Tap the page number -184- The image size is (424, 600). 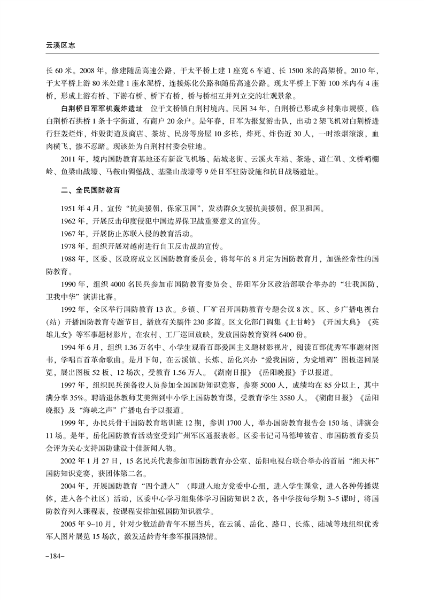[55, 556]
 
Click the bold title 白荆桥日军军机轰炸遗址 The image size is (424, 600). [99, 107]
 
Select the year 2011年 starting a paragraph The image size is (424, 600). [72, 159]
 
